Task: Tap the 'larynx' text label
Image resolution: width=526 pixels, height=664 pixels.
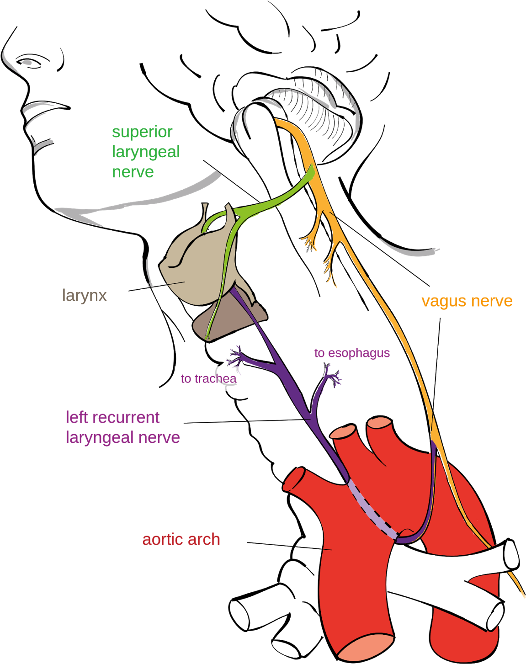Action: (84, 296)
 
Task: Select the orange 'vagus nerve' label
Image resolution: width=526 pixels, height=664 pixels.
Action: (467, 302)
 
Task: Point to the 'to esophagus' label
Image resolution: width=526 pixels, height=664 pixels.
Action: (352, 353)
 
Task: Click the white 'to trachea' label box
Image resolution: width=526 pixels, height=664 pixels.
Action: (212, 378)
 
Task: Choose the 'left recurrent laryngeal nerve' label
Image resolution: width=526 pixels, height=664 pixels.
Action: (122, 427)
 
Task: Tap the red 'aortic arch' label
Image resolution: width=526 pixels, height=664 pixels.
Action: (181, 540)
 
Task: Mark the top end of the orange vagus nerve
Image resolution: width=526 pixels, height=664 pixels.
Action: (277, 122)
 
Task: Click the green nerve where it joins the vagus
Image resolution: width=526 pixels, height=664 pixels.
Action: (311, 174)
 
